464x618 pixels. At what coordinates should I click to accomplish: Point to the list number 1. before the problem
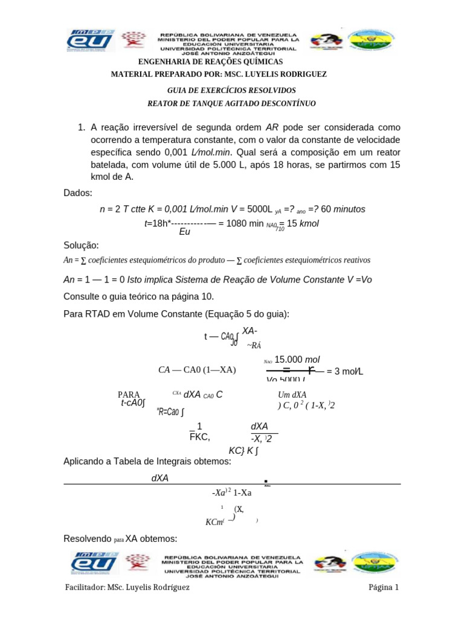[83, 127]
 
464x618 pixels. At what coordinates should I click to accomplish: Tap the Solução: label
[81, 245]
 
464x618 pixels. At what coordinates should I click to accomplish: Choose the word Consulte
[83, 297]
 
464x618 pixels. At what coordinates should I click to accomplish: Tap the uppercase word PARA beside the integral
[129, 395]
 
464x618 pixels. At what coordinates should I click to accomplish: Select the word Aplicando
[86, 462]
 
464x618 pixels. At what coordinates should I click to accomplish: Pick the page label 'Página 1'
[384, 587]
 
